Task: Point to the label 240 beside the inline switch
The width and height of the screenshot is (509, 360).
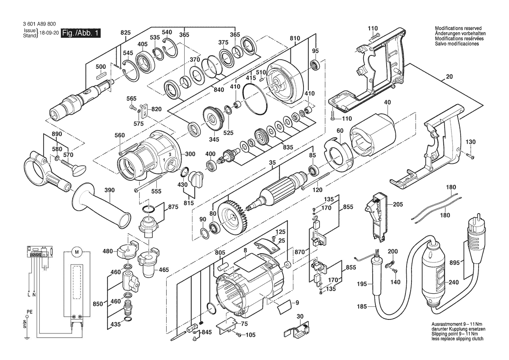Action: (x=454, y=283)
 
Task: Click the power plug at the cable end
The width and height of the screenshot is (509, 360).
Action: (x=477, y=231)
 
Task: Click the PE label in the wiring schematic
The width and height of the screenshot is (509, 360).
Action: (x=29, y=312)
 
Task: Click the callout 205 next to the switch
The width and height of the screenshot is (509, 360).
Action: (x=398, y=204)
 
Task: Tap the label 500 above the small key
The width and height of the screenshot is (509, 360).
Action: (x=101, y=67)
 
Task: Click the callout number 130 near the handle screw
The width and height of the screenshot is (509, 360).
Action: (x=471, y=142)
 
